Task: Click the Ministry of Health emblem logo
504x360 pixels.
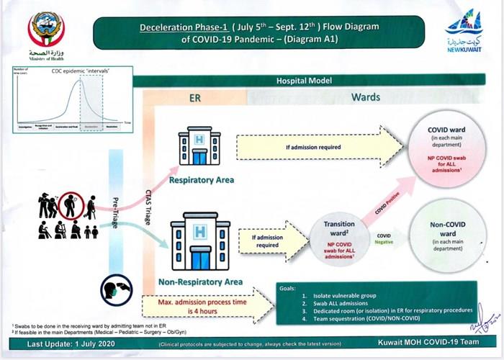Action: [45, 29]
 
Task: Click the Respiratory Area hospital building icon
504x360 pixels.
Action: [198, 147]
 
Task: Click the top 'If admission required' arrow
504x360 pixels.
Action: [317, 148]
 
